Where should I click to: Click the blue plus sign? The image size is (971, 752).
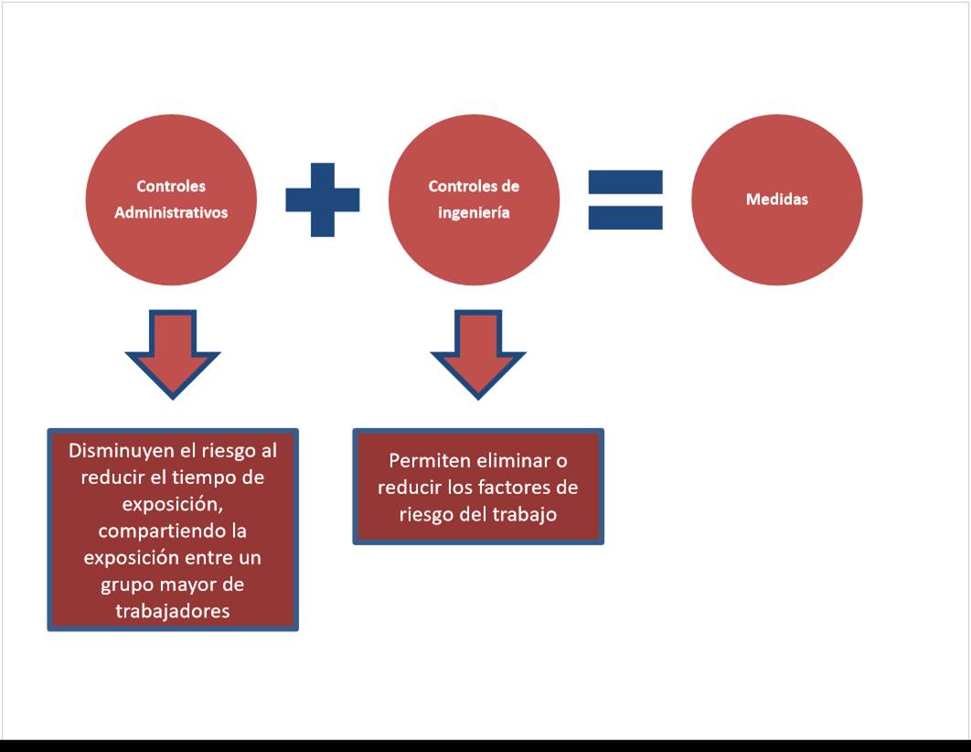coord(323,199)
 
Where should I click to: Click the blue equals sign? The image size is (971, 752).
coord(625,199)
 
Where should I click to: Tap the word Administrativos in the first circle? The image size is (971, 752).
coord(171,212)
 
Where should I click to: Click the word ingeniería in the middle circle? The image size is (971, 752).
coord(474,212)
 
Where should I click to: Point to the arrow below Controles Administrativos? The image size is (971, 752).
coord(172,352)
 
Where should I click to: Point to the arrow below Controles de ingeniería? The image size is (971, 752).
coord(478,352)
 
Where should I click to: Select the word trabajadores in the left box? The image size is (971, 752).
coord(173,610)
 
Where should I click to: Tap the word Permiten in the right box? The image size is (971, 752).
coord(429,461)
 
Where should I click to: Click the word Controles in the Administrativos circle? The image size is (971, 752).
coord(171,186)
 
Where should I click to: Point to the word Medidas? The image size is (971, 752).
coord(776,199)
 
